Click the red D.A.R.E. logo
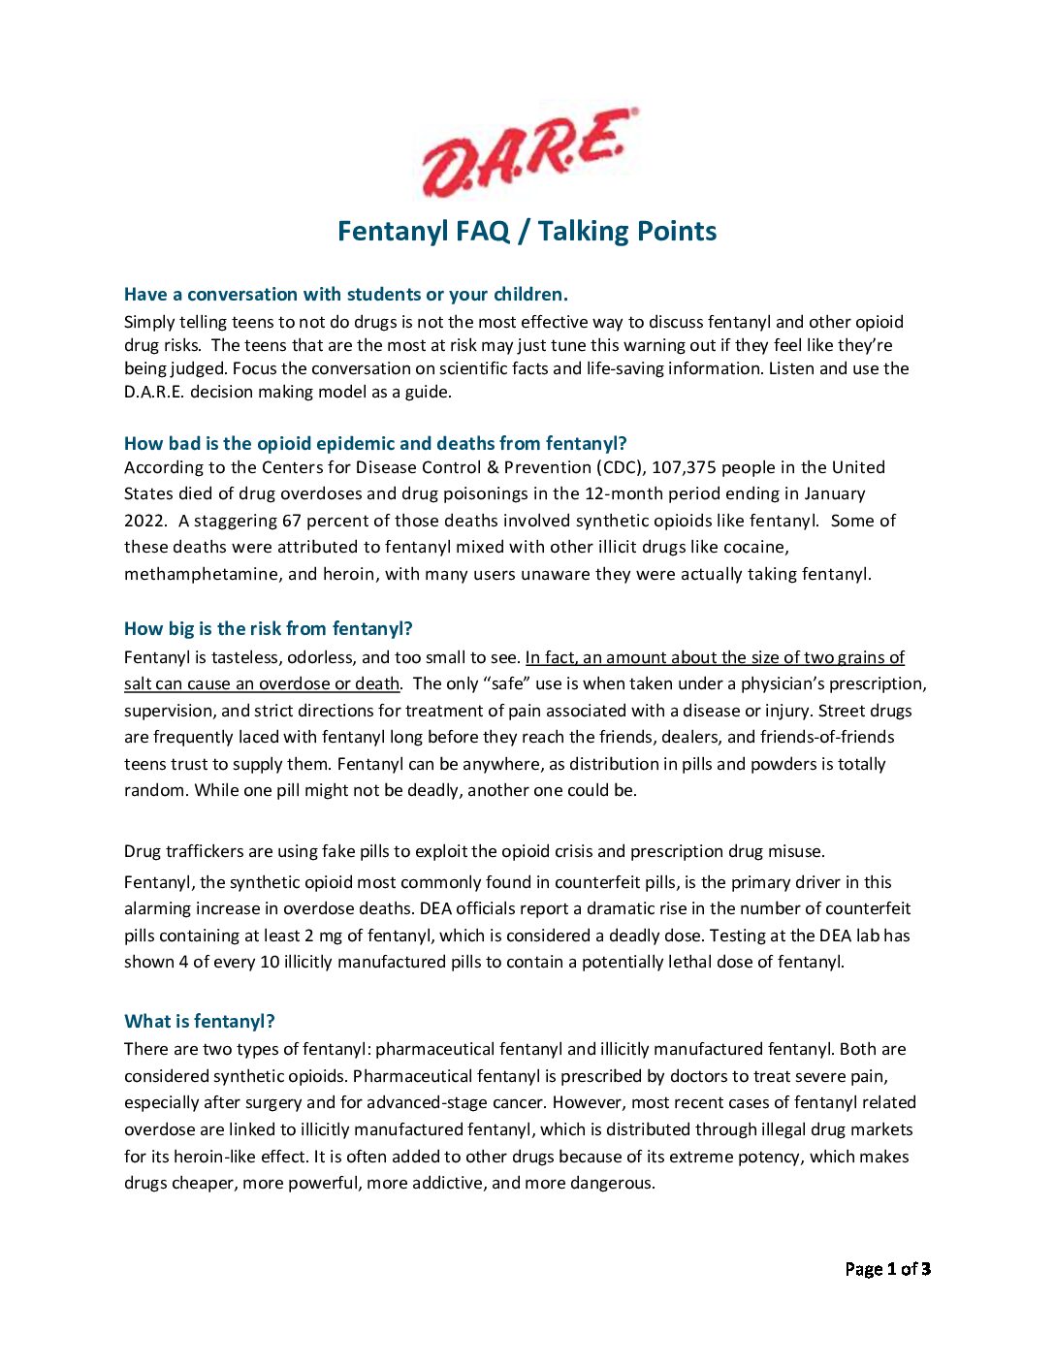[x=529, y=152]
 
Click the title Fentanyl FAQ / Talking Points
[x=527, y=232]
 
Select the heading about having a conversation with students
[x=346, y=295]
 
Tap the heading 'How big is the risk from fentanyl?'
[x=269, y=629]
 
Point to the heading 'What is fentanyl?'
[x=200, y=1022]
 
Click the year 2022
[x=144, y=521]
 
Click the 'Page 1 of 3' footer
[x=887, y=1269]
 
